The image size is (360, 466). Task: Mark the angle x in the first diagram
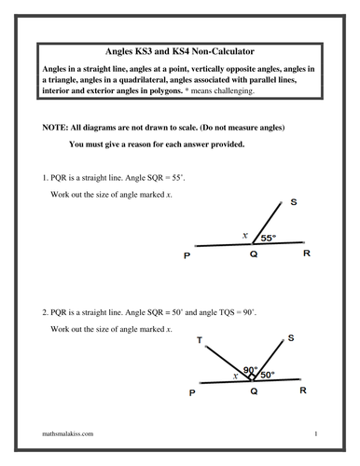(245, 236)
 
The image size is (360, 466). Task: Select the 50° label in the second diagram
(267, 375)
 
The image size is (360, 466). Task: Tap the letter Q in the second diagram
(252, 392)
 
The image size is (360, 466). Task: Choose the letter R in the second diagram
(302, 391)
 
